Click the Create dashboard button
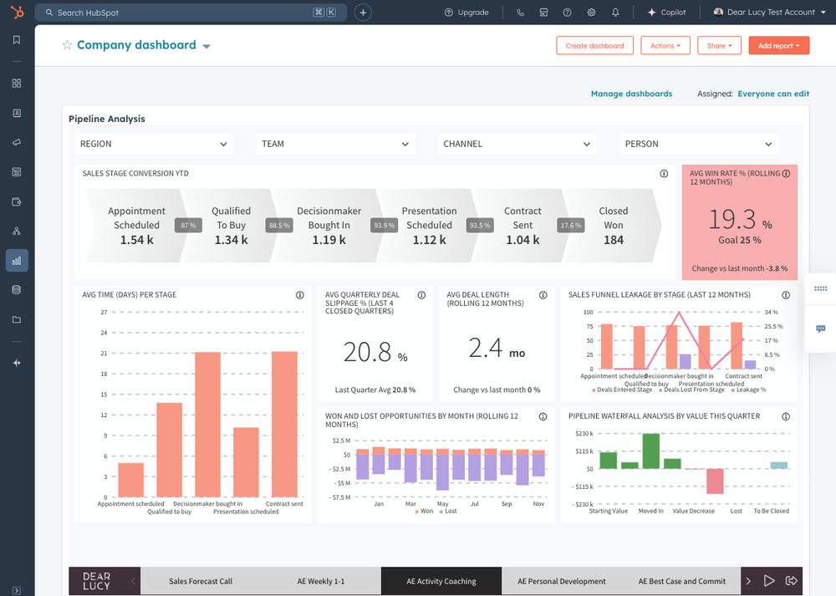[594, 46]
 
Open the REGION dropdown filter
[154, 144]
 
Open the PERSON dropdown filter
[699, 144]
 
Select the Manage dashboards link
[631, 94]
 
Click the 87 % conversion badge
[188, 226]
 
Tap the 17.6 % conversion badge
[571, 226]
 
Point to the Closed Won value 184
[613, 240]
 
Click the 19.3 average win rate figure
[733, 219]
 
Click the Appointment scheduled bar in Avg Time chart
[130, 480]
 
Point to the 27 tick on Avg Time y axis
[104, 313]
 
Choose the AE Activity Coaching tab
[441, 581]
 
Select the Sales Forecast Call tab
[201, 581]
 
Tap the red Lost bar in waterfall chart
[714, 481]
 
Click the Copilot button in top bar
[666, 13]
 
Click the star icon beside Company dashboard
[67, 45]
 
